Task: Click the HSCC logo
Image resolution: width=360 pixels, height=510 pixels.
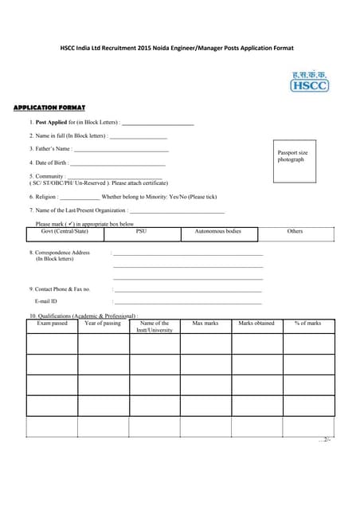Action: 309,81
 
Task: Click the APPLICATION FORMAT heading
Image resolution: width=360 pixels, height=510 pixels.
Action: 49,107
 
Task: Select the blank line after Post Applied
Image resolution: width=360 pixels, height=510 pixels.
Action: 158,124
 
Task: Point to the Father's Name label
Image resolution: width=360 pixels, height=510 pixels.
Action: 50,149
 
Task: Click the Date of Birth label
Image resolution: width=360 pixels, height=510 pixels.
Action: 48,163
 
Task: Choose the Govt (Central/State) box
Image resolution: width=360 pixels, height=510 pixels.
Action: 65,232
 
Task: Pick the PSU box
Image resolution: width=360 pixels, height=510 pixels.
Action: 141,232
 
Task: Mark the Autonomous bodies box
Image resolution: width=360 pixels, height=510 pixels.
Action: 217,232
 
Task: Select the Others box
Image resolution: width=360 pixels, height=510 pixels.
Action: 295,232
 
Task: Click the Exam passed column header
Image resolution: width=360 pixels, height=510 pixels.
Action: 53,324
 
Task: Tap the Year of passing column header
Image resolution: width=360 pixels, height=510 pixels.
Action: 103,324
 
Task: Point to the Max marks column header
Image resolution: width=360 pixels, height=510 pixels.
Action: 205,324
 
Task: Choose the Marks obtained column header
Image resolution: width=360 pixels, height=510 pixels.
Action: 256,324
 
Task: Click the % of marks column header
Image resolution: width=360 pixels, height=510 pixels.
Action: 307,324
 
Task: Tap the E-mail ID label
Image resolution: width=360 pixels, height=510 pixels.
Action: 45,302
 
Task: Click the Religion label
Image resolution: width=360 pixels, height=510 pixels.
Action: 43,196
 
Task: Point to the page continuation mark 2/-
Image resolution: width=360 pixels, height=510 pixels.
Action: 324,440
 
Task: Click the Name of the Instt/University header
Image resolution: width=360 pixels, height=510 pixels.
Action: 155,327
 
